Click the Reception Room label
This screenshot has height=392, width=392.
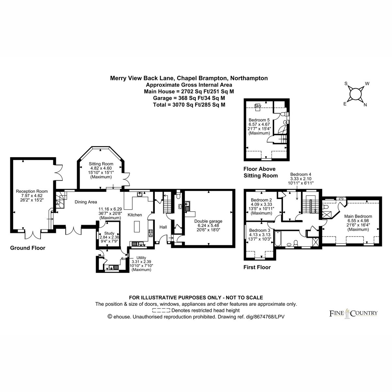tap(32, 191)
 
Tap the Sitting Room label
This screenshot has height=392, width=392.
tap(101, 164)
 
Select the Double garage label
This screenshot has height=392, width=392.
tap(208, 221)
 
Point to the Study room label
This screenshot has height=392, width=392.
tap(109, 233)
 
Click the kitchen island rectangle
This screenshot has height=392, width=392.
tap(137, 227)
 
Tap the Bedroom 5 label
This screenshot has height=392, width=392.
tap(259, 120)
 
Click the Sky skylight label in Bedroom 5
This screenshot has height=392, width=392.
tap(257, 106)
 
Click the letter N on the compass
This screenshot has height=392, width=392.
tap(365, 105)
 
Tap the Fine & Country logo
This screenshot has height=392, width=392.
tap(353, 314)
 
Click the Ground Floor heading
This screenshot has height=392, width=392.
tap(28, 248)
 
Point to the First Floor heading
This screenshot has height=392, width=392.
tap(257, 267)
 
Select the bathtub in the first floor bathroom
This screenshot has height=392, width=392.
tap(278, 239)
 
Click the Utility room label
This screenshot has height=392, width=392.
tap(141, 258)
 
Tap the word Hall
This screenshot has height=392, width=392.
tap(163, 227)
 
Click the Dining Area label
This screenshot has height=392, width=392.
tap(86, 202)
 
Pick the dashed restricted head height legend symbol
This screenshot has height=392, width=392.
tap(161, 310)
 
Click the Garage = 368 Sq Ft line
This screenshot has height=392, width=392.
tap(189, 98)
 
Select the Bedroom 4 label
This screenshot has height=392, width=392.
tap(301, 174)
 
